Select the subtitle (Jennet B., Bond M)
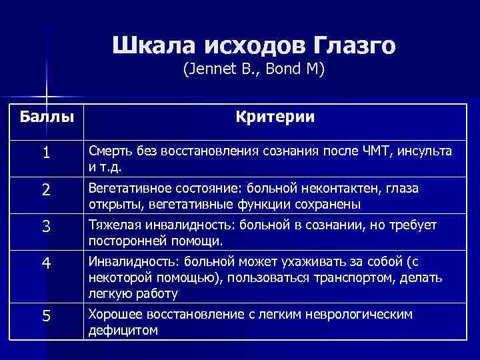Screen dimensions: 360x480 tap(253, 69)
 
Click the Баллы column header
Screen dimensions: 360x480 tap(46, 118)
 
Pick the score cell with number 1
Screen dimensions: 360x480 tap(45, 153)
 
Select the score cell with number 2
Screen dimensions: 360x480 tap(45, 190)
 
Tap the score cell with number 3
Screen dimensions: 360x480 tap(45, 227)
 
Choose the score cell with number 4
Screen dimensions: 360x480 tap(45, 263)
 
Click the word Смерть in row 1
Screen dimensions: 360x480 tap(110, 151)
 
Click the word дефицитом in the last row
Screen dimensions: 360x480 tap(123, 329)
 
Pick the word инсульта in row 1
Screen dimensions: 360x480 tap(427, 151)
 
